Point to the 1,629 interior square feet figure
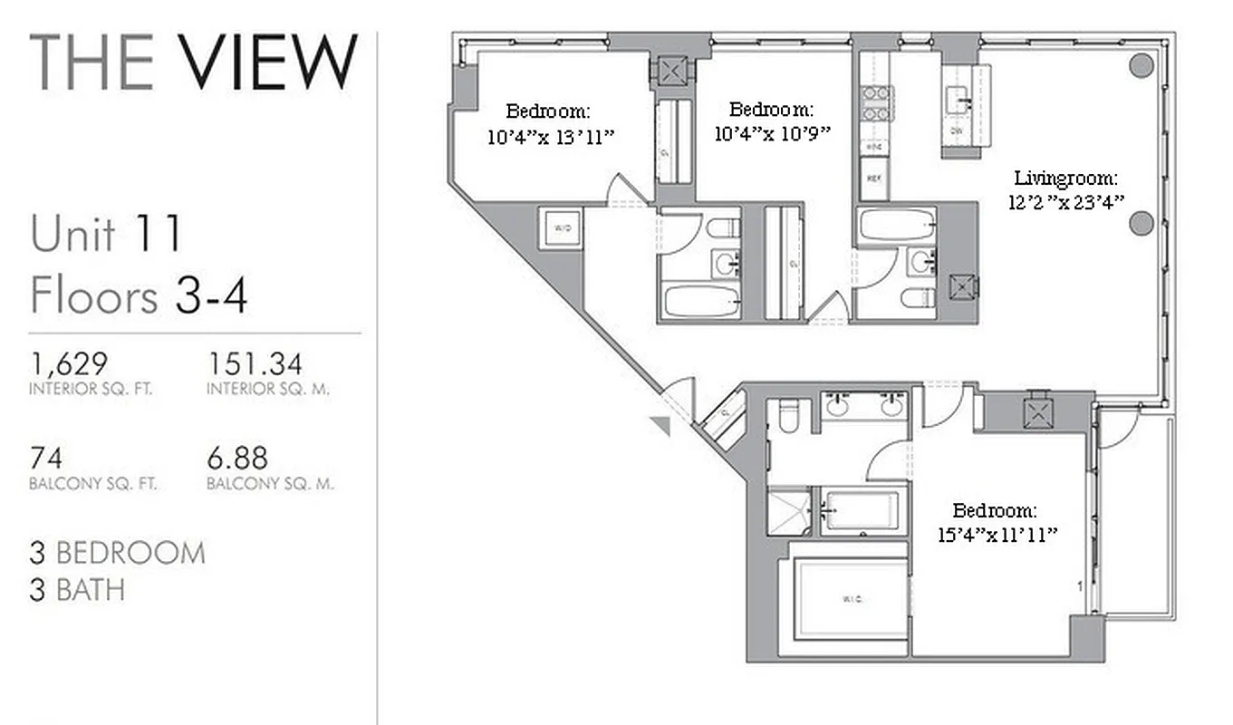click(69, 364)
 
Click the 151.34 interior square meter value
click(255, 364)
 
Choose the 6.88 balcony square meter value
click(237, 458)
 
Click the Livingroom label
click(1065, 179)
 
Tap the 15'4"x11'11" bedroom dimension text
click(998, 534)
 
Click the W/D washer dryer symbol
click(562, 228)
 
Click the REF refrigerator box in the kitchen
click(874, 179)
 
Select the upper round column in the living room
click(1141, 65)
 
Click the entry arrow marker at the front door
click(661, 424)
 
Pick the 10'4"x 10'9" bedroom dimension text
click(773, 133)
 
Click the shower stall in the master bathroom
click(789, 512)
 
